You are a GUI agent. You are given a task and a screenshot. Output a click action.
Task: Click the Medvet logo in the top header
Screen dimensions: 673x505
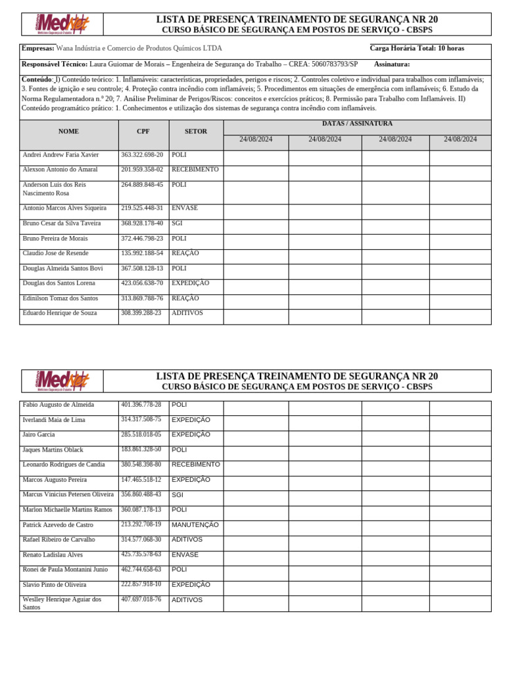click(62, 24)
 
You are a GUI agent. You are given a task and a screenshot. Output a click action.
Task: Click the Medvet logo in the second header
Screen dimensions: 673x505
click(62, 381)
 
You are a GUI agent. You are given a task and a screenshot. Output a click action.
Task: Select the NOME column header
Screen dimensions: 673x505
click(68, 131)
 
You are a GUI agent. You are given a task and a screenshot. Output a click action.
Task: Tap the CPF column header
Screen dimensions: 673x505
click(143, 131)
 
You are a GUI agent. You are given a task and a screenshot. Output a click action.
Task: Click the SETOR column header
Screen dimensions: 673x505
click(195, 131)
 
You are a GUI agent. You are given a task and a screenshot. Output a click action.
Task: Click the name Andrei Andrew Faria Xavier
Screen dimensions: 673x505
click(60, 155)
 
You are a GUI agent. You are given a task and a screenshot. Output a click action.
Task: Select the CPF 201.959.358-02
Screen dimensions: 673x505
click(142, 170)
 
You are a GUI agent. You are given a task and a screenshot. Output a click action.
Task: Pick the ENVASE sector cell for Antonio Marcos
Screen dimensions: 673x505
click(185, 208)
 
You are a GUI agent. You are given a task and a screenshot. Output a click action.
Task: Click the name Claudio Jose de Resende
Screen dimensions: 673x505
click(55, 253)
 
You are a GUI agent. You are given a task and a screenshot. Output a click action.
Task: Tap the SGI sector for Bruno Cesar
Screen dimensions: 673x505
click(177, 223)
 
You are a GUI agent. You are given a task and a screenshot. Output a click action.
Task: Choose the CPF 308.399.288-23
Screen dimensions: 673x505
click(141, 313)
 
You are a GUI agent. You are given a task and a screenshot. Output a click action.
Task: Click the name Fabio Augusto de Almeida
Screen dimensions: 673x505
click(58, 405)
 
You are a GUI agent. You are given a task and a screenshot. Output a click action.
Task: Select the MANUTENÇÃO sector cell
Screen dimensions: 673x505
click(195, 525)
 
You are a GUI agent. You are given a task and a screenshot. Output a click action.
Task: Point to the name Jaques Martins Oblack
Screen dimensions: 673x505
click(53, 450)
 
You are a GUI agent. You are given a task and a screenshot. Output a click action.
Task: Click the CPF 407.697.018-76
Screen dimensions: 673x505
click(141, 599)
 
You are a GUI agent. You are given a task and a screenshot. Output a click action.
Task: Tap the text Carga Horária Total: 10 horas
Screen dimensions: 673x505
click(416, 49)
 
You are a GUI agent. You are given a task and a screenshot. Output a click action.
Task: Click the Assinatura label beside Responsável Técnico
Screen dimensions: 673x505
click(391, 64)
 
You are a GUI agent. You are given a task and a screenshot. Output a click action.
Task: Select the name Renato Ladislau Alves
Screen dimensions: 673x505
click(53, 555)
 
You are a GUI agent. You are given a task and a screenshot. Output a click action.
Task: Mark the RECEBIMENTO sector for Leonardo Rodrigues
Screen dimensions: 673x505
click(195, 465)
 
